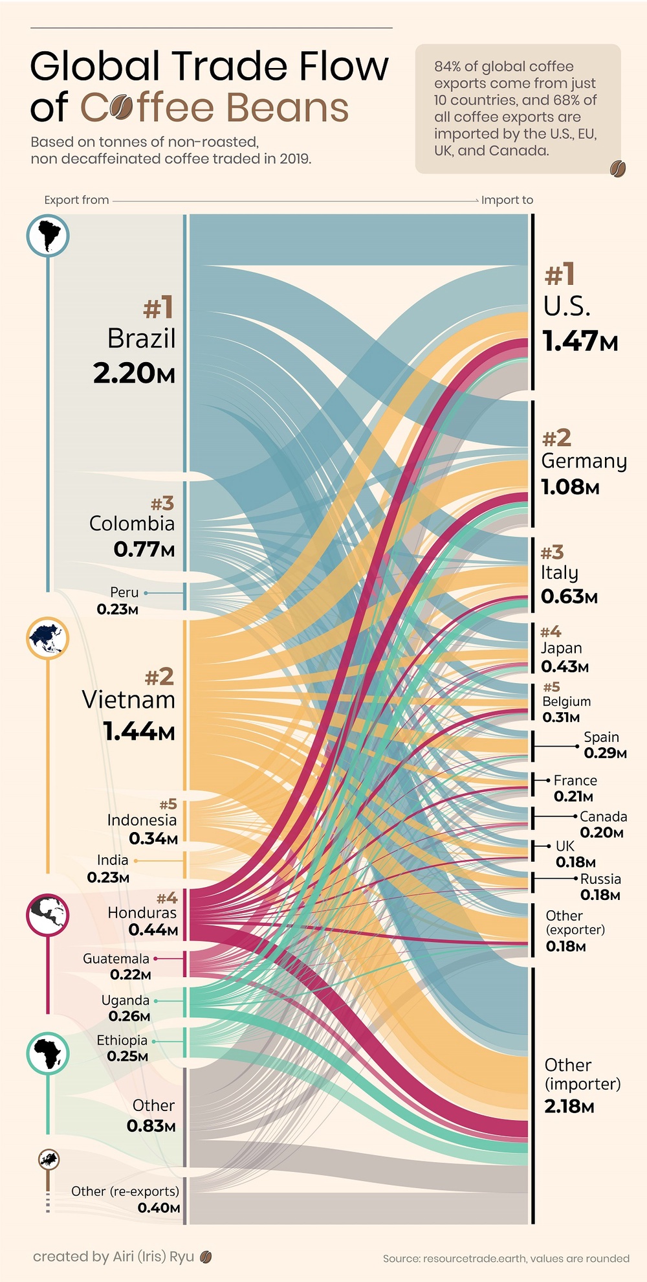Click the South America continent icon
[48, 235]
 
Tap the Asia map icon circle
[48, 638]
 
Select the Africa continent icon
[48, 1053]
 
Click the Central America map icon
[48, 914]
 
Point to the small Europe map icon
[49, 1159]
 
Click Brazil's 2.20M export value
[134, 374]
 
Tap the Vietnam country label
[129, 699]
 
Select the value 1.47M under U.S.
[580, 341]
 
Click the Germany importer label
[584, 461]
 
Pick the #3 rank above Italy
[552, 552]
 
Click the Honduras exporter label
[142, 912]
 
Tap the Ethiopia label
[122, 1040]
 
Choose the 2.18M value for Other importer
[569, 1106]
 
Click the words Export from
[76, 200]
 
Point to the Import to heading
[507, 200]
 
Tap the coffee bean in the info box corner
[617, 168]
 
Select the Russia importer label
[600, 879]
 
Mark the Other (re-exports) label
[125, 1191]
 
